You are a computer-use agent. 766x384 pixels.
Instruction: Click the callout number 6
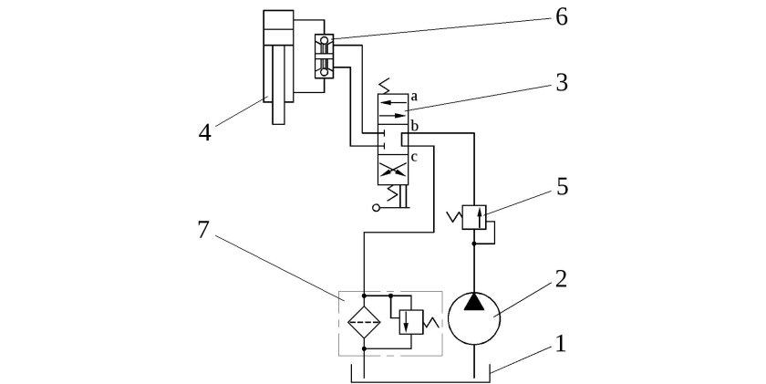coord(562,17)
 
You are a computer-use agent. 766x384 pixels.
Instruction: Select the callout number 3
coord(562,83)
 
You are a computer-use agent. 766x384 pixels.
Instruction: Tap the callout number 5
coord(563,187)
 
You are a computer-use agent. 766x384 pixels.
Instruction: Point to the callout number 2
coord(561,278)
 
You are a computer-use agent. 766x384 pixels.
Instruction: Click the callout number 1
coord(560,343)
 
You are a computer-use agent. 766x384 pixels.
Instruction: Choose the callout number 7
coord(203,230)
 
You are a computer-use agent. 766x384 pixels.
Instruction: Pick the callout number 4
coord(204,132)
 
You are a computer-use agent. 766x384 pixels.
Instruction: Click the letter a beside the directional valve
coord(413,97)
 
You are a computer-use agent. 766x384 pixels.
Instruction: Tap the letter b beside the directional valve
coord(414,127)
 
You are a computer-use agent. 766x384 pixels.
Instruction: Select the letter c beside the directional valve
coord(414,157)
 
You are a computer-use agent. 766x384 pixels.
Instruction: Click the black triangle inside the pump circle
coord(473,302)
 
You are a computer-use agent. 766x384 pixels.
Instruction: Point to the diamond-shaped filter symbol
coord(364,322)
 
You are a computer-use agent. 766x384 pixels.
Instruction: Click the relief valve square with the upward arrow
coord(474,217)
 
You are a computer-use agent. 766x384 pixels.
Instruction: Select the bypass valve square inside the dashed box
coord(411,322)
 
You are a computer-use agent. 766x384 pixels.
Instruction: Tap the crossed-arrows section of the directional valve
coord(393,170)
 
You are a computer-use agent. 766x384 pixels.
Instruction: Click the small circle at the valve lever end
coord(376,208)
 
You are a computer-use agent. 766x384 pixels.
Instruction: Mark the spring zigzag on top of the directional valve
coord(386,86)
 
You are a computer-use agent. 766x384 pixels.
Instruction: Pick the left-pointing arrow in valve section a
coord(393,102)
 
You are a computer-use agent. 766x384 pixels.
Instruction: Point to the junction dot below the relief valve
coord(474,244)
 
